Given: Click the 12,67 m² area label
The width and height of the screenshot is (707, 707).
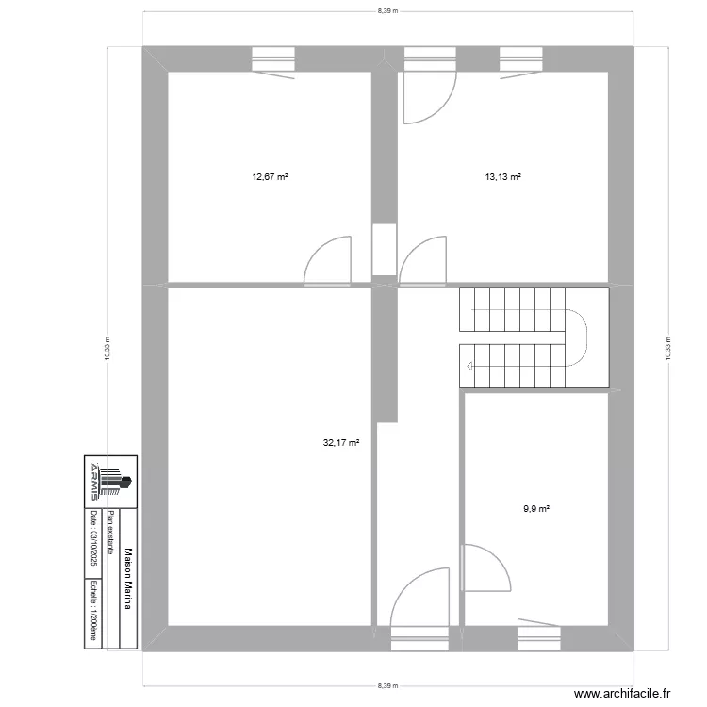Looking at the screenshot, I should click(x=270, y=176).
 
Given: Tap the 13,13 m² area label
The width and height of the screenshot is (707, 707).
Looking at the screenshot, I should click(x=503, y=176).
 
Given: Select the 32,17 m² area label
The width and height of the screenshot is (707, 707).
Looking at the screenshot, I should click(x=341, y=440).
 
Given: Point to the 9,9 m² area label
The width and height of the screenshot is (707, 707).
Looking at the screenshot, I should click(x=536, y=509).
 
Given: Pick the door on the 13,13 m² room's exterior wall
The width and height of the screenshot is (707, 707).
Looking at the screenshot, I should click(x=428, y=94).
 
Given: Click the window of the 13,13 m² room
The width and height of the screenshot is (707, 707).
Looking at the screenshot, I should click(x=521, y=59).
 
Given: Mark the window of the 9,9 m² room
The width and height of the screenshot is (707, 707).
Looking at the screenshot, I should click(x=539, y=637).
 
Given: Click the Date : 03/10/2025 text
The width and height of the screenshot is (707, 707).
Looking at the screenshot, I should click(x=94, y=539).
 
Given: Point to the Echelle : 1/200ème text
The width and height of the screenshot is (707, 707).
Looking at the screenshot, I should click(x=94, y=609).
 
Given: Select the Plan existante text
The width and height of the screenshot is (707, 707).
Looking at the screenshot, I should click(x=111, y=534).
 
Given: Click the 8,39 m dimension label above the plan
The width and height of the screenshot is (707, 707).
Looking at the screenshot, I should click(x=387, y=11).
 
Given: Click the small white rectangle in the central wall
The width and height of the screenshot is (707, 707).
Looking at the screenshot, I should click(x=384, y=250).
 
